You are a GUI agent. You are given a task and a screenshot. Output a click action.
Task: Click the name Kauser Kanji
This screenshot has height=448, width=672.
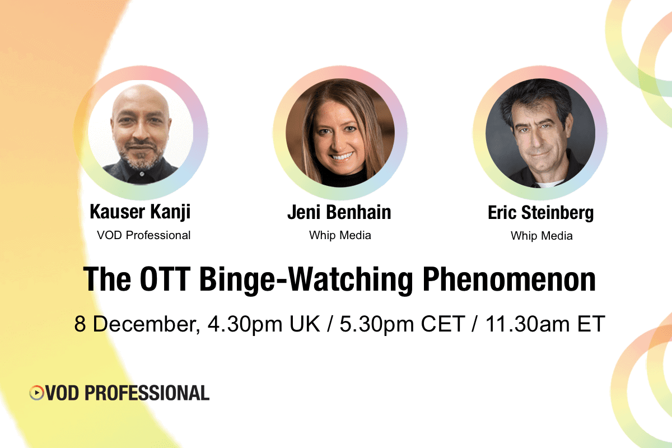[x=141, y=213]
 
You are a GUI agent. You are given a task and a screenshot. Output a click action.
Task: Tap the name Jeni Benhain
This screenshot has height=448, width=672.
[x=339, y=213]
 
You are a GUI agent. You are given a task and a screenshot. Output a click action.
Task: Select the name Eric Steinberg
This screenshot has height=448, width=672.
[x=541, y=213]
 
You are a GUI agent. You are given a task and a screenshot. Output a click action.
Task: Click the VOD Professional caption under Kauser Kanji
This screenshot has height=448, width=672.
[x=144, y=235]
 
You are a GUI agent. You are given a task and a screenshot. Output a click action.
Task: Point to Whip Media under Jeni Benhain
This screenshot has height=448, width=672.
[x=340, y=235]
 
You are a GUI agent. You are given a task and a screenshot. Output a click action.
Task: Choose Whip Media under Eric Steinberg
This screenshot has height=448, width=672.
[x=542, y=236]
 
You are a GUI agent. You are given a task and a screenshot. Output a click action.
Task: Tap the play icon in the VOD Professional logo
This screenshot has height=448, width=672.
[x=36, y=393]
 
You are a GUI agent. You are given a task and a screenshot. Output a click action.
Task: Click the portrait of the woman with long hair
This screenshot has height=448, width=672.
[x=340, y=133]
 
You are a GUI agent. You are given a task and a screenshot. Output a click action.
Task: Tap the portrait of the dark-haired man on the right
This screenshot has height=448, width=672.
[x=540, y=133]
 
